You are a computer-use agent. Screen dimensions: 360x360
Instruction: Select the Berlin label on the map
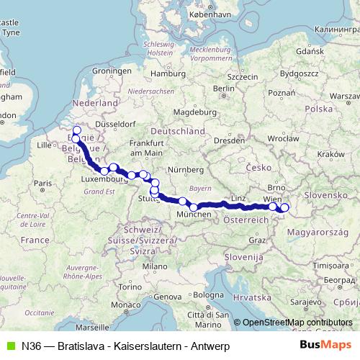point(224,89)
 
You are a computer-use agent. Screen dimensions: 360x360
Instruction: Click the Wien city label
point(273,197)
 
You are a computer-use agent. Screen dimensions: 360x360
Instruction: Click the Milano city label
point(149,266)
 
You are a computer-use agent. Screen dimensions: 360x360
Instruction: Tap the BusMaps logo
point(325,346)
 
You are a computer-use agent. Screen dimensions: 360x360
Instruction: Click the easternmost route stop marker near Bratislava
point(284,208)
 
